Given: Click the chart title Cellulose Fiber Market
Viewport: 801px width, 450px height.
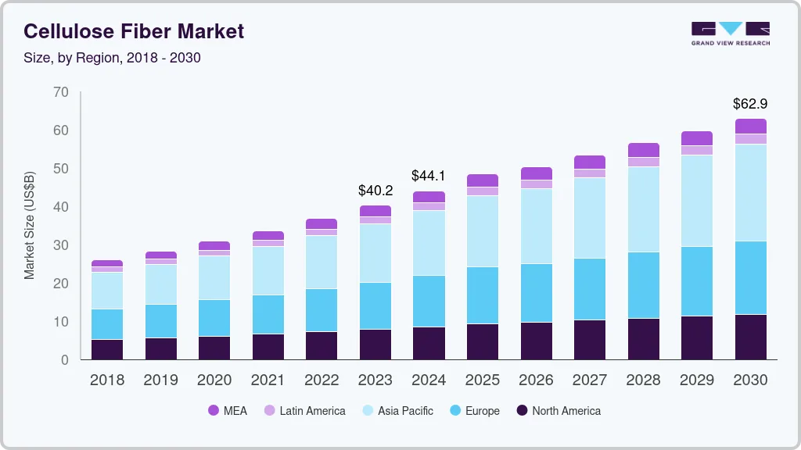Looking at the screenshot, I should point(134,31).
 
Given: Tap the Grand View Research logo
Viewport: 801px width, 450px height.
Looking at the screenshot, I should point(730,34).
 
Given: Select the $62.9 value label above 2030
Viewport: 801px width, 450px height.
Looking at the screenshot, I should point(749,103).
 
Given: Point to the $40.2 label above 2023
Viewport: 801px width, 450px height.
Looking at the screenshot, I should point(375,190).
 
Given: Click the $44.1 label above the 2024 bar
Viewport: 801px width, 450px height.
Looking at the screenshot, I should point(429,176).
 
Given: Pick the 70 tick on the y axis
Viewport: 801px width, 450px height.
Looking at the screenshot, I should point(61,93).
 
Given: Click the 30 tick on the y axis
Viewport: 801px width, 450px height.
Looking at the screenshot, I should point(61,245).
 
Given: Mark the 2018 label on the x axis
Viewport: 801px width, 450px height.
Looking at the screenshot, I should point(106,380).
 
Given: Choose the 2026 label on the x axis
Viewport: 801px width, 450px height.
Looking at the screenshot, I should point(536,380).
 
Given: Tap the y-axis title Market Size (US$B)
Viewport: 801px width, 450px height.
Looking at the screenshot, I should point(30,226).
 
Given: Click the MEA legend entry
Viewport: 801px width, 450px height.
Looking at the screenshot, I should point(228,410).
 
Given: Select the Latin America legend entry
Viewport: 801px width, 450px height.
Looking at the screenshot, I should point(304,410).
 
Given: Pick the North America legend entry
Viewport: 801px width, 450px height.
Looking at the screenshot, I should point(559,410).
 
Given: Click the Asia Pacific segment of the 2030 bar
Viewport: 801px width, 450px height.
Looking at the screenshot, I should point(750,193).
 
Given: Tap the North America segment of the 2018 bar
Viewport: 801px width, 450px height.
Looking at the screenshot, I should point(107,349).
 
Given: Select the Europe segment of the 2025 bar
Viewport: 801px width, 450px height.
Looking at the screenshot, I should point(483,295).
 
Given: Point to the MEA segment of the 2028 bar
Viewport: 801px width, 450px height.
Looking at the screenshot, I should point(643,150).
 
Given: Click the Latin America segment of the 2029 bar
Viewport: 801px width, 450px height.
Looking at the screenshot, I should point(697,150).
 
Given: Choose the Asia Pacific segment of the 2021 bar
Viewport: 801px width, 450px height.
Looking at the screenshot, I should point(268,270).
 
